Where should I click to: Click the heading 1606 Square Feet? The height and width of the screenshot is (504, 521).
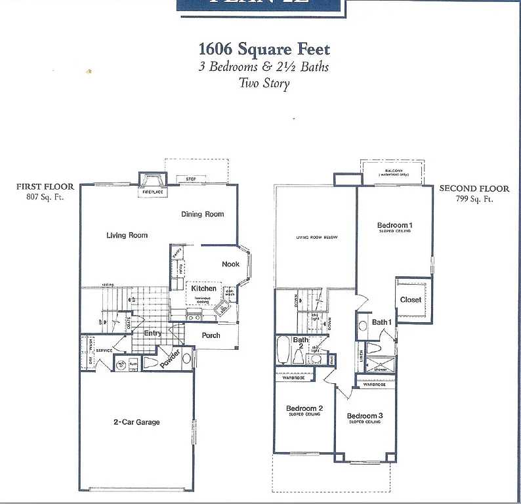point(264,49)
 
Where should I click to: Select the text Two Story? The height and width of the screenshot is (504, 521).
point(264,83)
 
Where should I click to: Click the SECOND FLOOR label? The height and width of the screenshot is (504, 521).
point(474,188)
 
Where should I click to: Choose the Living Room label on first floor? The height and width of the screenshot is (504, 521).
point(127,235)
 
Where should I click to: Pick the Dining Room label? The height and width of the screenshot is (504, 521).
point(203,214)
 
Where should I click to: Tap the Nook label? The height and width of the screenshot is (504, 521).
point(230,264)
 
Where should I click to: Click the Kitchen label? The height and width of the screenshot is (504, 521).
point(203,288)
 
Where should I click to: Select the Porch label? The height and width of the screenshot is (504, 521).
point(211,335)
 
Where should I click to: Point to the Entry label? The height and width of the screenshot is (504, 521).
point(152,333)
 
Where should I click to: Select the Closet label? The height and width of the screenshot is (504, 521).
point(411,300)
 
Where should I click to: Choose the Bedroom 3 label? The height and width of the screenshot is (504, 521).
point(365,416)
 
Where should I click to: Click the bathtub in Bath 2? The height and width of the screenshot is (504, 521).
point(283,350)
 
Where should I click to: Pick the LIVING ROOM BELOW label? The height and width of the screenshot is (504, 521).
point(316,237)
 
